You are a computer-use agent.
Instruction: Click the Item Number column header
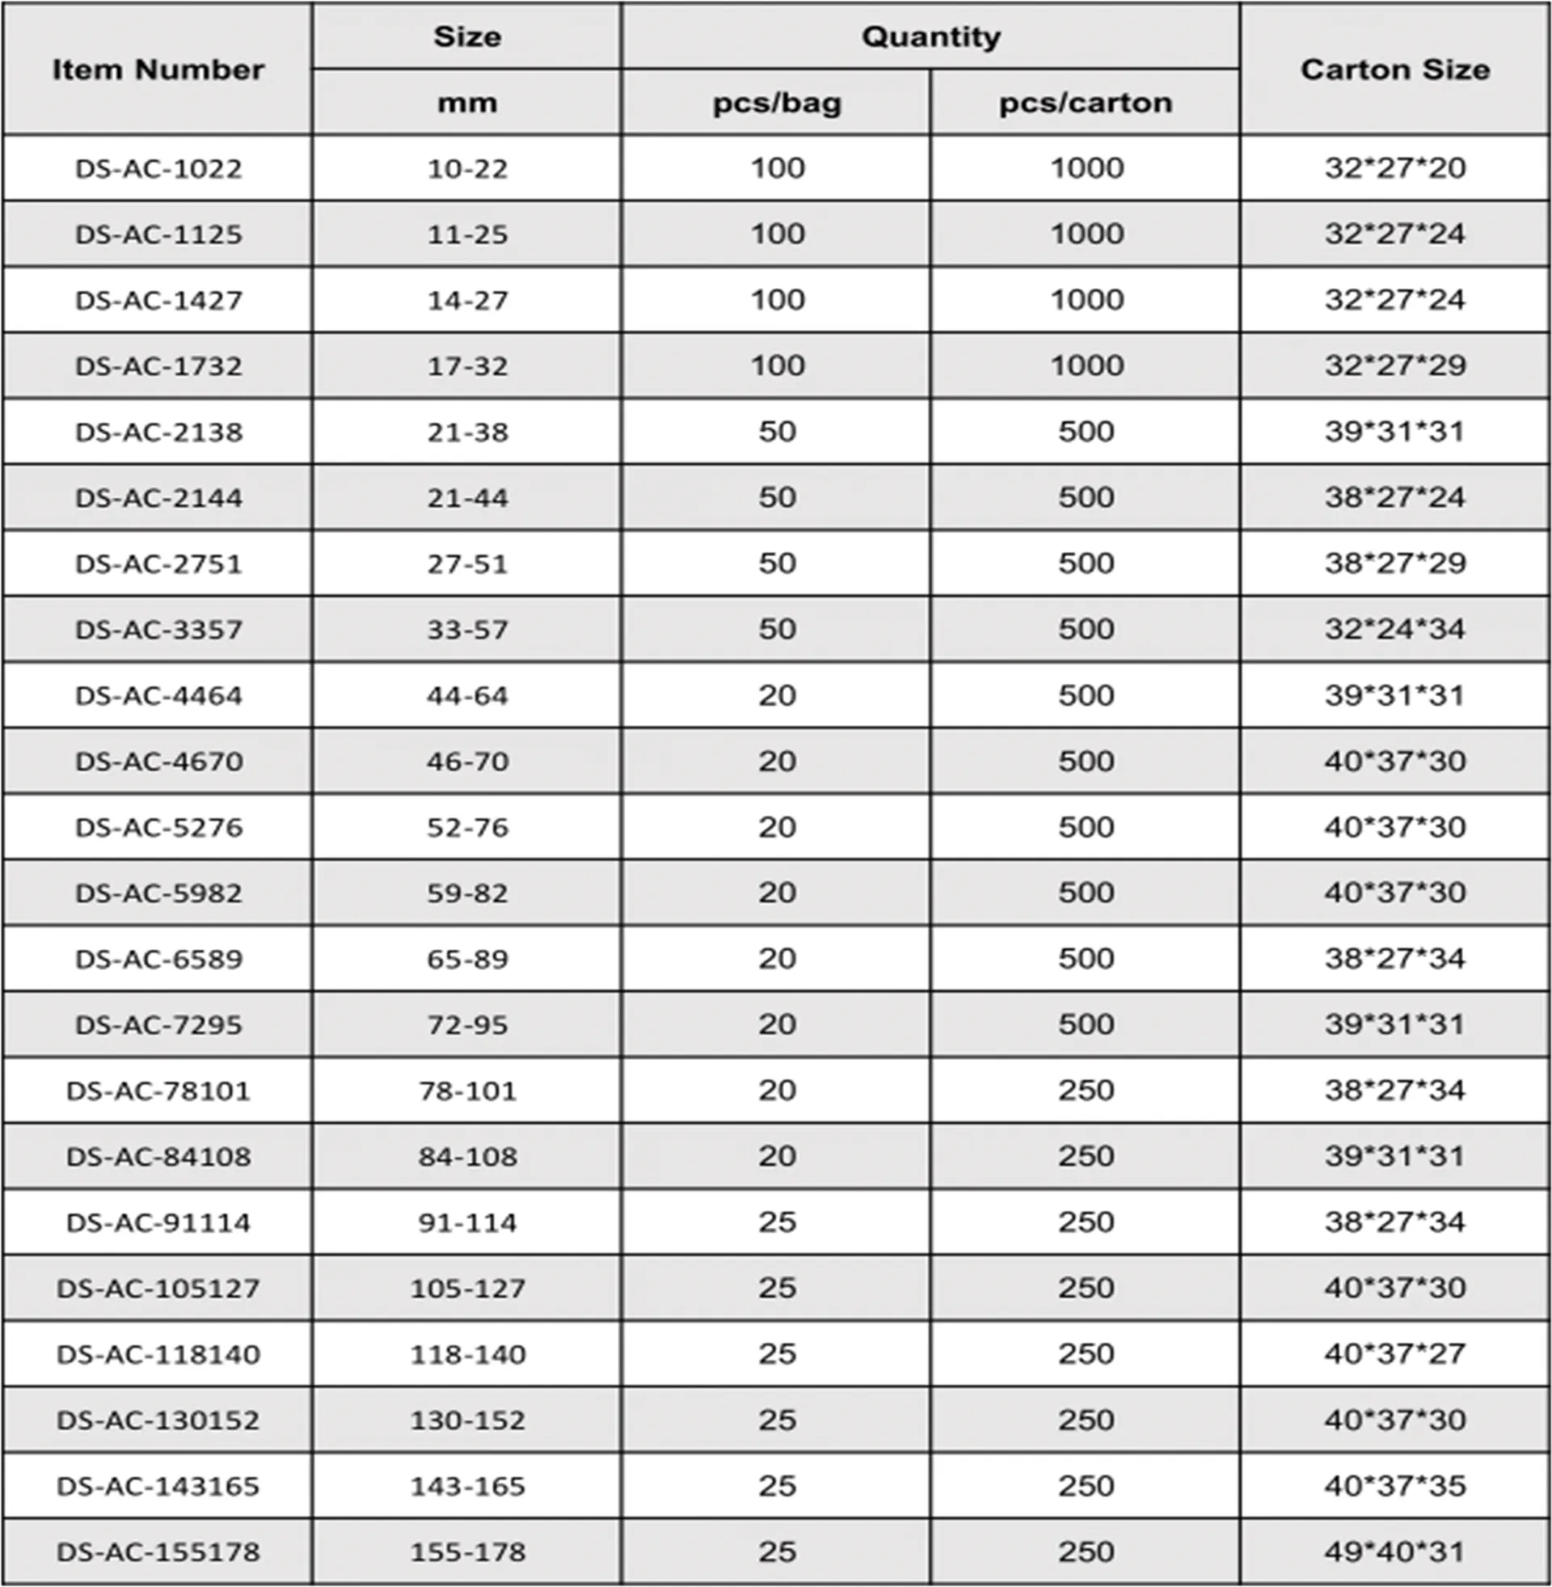[158, 70]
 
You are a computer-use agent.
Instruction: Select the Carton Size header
[1394, 70]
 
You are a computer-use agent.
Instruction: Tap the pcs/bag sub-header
[776, 103]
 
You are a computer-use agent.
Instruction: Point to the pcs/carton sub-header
[1085, 103]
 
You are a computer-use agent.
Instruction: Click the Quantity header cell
[930, 36]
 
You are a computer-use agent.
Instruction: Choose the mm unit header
[467, 103]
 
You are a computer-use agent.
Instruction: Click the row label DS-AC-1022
[158, 169]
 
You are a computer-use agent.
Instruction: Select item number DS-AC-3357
[158, 629]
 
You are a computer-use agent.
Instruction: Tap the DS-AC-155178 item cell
[158, 1551]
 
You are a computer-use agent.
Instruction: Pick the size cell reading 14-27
[467, 300]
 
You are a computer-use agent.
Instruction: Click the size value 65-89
[467, 959]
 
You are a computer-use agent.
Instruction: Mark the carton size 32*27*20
[1394, 168]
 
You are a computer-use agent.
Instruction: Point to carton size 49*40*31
[1394, 1551]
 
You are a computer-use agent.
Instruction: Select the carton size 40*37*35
[1394, 1485]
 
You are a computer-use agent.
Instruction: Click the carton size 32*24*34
[1394, 629]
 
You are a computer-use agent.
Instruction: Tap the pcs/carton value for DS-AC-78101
[1086, 1090]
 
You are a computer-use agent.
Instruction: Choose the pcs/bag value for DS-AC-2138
[776, 431]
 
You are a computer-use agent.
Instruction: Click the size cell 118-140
[467, 1354]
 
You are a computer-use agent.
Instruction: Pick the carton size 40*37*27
[1394, 1354]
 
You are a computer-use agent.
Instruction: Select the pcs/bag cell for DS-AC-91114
[776, 1222]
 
